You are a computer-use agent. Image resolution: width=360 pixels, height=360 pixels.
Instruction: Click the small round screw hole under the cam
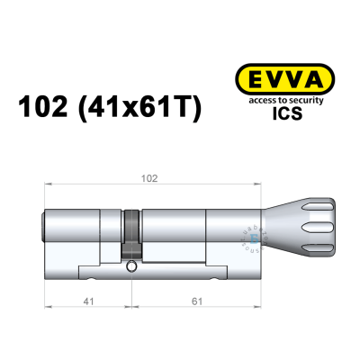click(x=132, y=266)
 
